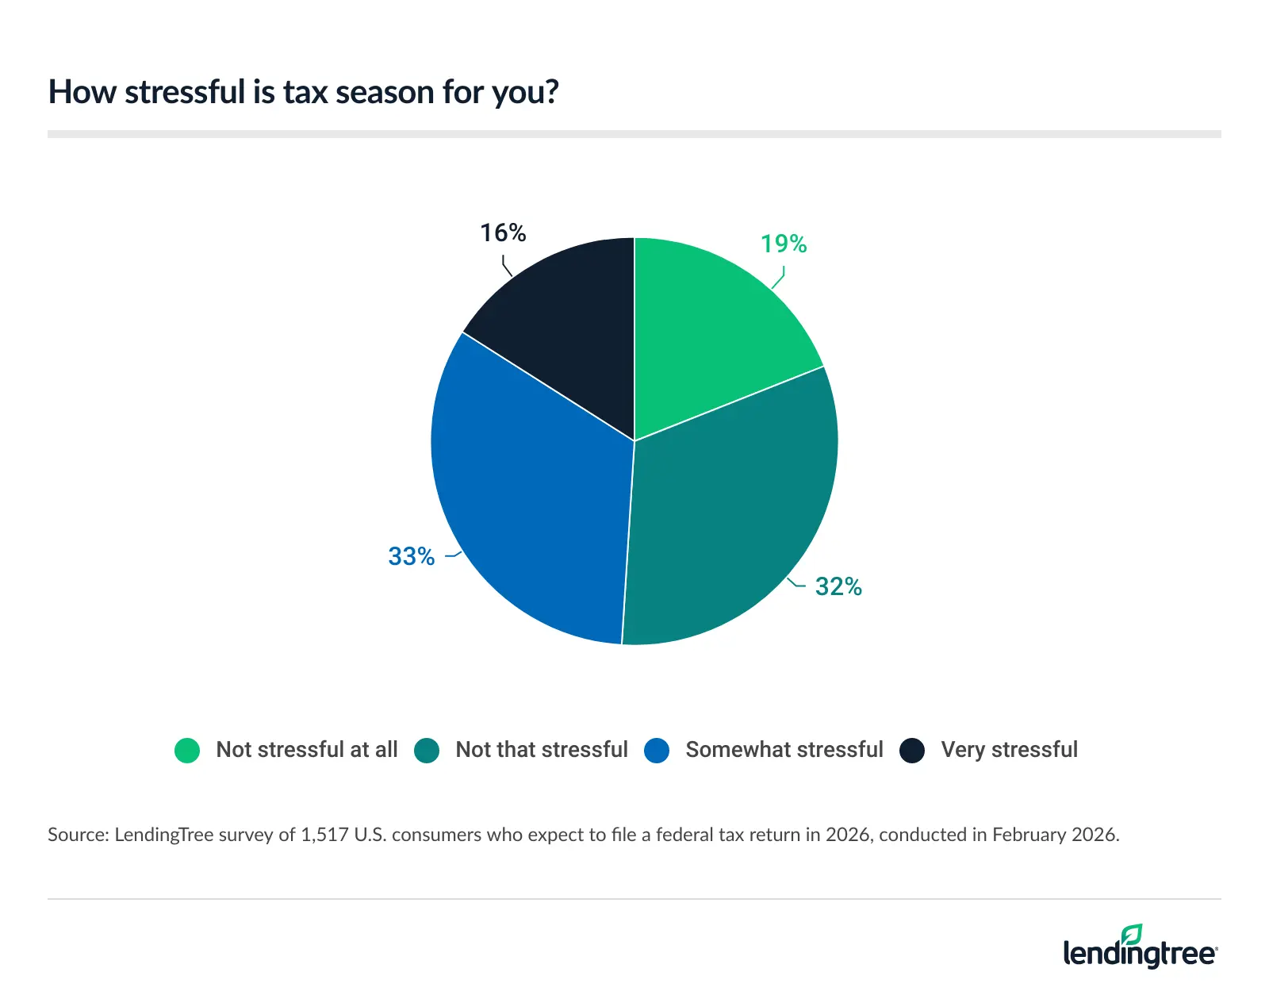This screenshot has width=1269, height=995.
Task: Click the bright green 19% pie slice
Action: (x=714, y=333)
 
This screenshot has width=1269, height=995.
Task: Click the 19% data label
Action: (x=783, y=244)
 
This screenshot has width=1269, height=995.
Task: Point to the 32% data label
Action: (x=838, y=587)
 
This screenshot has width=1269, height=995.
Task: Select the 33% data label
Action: (x=411, y=557)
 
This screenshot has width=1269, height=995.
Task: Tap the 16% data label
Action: (x=503, y=233)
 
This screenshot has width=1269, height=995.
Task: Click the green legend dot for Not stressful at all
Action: (x=187, y=750)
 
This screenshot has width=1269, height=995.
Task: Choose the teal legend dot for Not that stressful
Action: (x=427, y=750)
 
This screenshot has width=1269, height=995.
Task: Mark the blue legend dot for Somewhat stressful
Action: (x=657, y=750)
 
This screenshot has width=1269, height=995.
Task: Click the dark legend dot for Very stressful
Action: (x=912, y=750)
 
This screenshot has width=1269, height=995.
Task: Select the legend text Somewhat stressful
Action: (x=784, y=750)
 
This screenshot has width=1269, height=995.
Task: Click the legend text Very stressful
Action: (x=1009, y=750)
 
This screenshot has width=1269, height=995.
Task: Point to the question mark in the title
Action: (x=551, y=92)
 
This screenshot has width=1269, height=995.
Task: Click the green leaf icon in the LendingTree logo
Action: (x=1132, y=935)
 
